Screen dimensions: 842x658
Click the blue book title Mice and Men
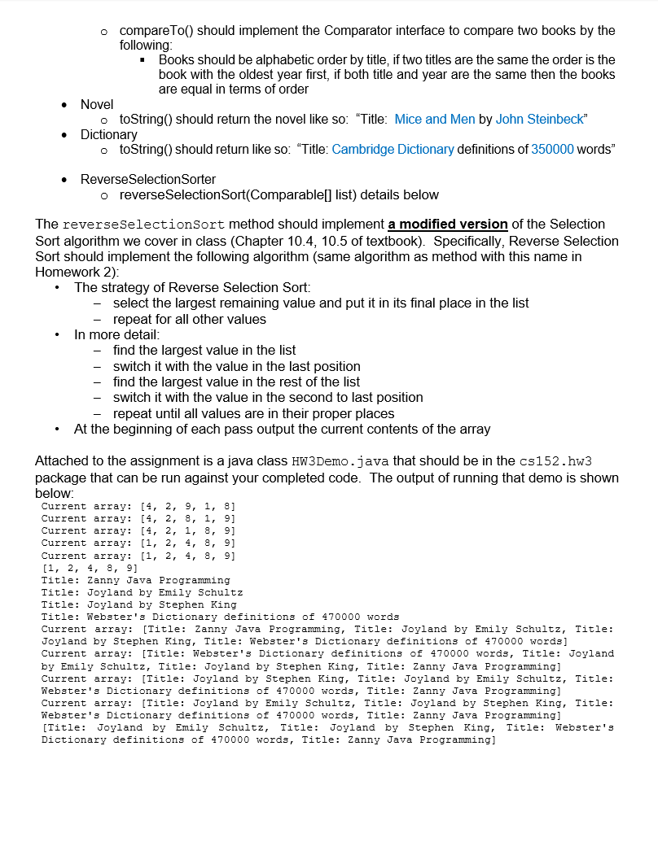coord(434,120)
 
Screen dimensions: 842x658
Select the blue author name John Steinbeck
coord(539,120)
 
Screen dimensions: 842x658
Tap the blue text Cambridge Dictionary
coord(393,150)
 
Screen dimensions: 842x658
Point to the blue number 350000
coord(552,150)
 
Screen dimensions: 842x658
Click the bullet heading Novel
coord(97,104)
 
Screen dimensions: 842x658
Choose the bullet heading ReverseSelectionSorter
coord(148,179)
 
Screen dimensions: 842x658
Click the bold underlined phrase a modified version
coord(448,224)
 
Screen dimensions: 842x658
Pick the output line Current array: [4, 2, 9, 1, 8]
coord(138,506)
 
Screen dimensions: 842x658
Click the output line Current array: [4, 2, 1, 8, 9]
coord(138,530)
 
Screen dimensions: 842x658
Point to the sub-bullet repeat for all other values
coord(190,319)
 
